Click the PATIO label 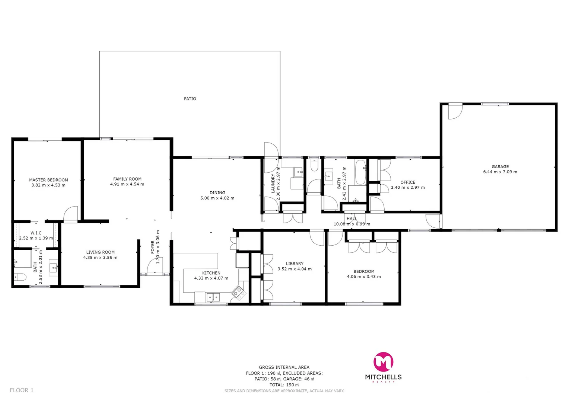190,99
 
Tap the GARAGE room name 500,167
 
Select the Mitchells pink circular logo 383,362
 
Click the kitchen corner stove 239,293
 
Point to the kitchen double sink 213,297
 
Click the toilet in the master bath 20,277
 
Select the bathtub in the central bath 360,172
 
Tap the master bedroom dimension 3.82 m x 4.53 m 48,185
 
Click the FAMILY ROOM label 127,179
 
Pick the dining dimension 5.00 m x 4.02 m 217,198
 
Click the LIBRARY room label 295,264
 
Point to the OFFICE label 408,182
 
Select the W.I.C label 36,233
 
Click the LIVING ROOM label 101,252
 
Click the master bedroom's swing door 71,215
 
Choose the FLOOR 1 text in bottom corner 22,390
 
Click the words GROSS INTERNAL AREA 284,367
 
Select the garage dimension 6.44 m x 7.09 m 500,172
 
